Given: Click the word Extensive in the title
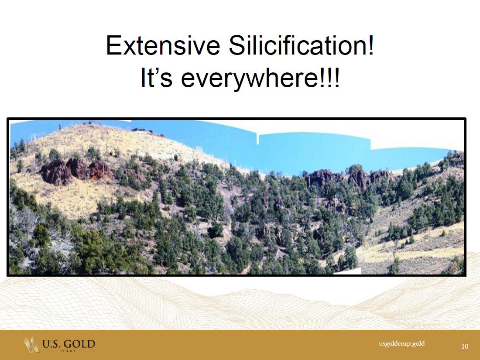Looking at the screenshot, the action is coord(163,45).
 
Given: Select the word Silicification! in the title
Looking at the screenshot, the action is coord(301,45).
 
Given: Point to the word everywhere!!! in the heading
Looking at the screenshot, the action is coord(260,79).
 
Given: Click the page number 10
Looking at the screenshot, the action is coord(465,346).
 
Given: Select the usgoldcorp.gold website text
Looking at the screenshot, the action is coord(401,343).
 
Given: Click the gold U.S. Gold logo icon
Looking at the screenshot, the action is coord(31,345).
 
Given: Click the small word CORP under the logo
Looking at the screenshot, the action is coord(69,351).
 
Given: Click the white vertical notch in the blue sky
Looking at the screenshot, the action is coord(257,139).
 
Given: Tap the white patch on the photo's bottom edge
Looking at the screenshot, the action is coord(347,271).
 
